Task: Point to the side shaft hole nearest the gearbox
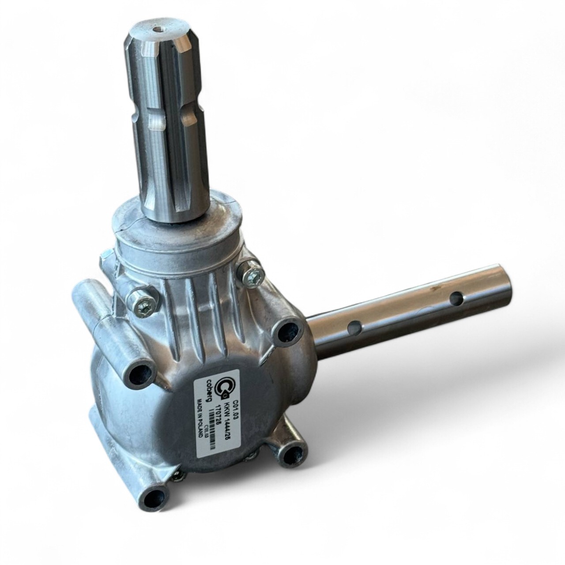(353, 328)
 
